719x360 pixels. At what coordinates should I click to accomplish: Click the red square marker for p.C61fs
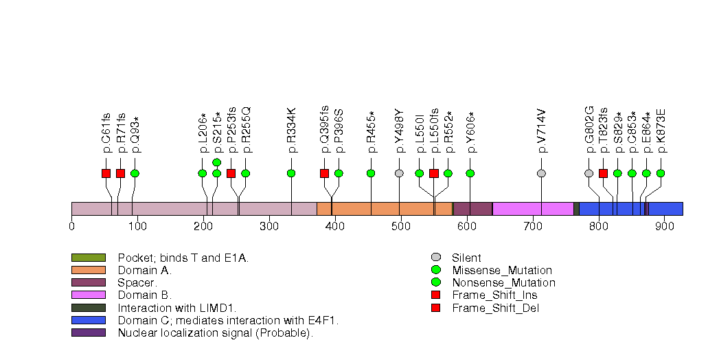[106, 173]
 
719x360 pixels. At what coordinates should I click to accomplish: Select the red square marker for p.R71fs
[120, 173]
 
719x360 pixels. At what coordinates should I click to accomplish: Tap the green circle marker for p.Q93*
[135, 173]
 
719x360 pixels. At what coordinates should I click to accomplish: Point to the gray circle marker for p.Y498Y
[399, 173]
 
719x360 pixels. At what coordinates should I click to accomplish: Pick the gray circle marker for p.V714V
[541, 173]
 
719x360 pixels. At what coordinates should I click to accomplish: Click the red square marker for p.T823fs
[603, 173]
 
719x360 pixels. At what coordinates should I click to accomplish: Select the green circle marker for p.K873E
[661, 173]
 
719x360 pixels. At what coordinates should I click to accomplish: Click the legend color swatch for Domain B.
[88, 295]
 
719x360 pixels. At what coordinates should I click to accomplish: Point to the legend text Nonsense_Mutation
[503, 283]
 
